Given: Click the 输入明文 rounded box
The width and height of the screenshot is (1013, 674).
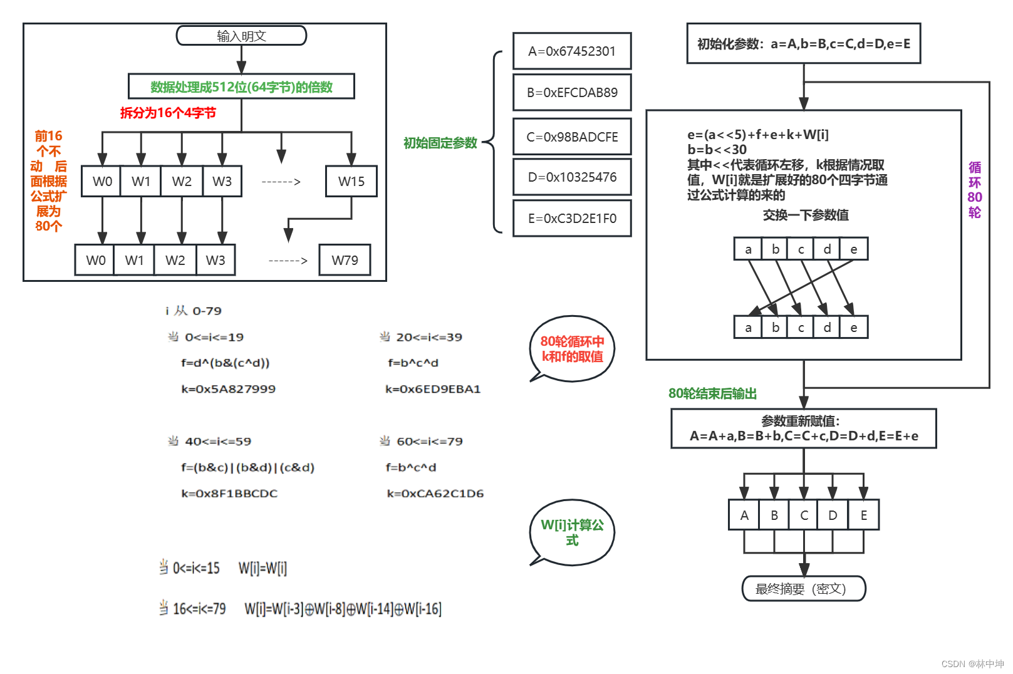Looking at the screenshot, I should pos(241,36).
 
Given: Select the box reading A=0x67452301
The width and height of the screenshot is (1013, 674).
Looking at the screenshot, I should pos(571,51).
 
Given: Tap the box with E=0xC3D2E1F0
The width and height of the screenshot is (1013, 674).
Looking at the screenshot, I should pos(571,218).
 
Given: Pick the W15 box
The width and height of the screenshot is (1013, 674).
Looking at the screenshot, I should pos(351,182).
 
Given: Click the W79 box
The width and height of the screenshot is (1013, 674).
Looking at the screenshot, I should pos(345,260).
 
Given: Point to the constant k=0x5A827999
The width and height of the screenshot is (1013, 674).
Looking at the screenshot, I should pos(228,389).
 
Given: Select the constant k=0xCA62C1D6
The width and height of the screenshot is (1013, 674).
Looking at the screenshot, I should pos(435,494).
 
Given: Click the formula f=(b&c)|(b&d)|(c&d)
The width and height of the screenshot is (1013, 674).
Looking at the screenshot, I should pos(247,467).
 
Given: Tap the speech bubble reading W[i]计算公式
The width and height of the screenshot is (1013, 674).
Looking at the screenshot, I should pos(572,532).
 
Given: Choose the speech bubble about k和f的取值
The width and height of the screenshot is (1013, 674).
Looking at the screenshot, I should pos(572,349).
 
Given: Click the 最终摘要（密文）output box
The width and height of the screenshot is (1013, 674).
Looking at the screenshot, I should pos(803,589).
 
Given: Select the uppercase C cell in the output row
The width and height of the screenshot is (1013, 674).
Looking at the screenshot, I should pos(804,515).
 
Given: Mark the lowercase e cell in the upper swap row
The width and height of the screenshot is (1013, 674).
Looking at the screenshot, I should pos(853,249).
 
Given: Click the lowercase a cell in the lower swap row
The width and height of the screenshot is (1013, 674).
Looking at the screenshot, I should pos(748,328).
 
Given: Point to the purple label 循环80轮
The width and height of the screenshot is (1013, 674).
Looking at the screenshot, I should pos(974,190).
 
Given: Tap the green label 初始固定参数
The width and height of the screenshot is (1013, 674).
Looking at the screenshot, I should pos(440,143).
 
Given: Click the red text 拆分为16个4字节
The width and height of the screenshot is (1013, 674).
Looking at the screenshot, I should pos(168,113).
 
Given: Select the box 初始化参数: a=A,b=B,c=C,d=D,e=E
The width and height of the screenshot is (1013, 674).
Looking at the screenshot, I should pos(803,44).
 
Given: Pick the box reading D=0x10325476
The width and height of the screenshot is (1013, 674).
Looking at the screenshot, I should pos(571,177).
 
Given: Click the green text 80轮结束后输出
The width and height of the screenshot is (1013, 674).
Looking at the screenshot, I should pos(712,393).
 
